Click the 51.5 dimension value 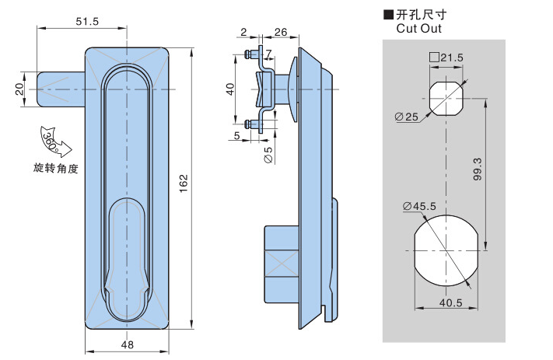click(x=87, y=22)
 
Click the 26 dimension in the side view click(x=281, y=32)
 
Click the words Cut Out click(x=418, y=29)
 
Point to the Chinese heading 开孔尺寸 click(x=421, y=14)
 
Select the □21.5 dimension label click(x=446, y=58)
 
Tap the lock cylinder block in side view click(x=281, y=264)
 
